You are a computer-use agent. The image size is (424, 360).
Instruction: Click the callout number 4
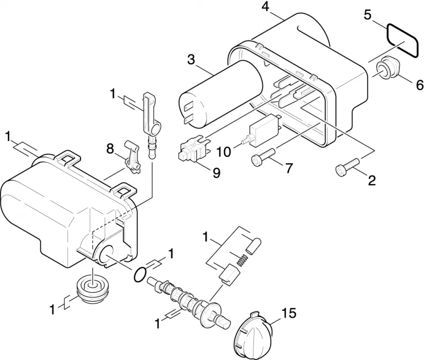pyautogui.click(x=266, y=7)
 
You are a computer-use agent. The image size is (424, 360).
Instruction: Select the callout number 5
pyautogui.click(x=367, y=15)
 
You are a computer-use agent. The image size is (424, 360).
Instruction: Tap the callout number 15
pyautogui.click(x=289, y=313)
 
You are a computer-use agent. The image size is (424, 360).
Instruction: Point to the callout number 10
pyautogui.click(x=224, y=152)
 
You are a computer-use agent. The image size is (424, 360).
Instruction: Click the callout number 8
pyautogui.click(x=110, y=149)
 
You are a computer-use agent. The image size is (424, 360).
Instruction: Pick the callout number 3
pyautogui.click(x=191, y=60)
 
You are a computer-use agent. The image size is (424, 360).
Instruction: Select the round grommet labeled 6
pyautogui.click(x=387, y=68)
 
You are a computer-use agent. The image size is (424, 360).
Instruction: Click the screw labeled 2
pyautogui.click(x=347, y=167)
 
